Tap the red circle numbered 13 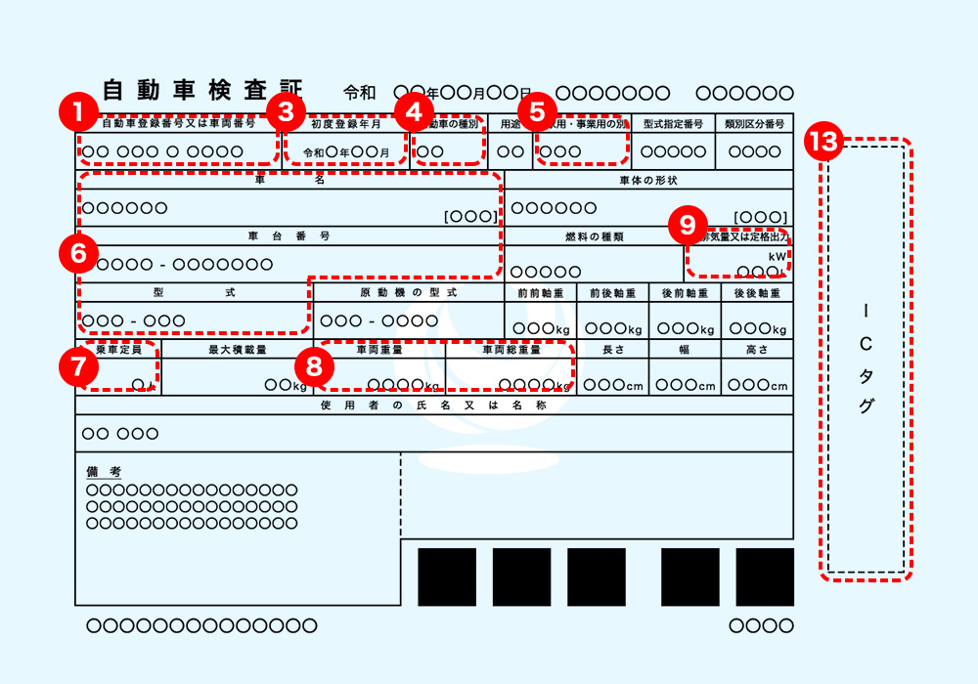coord(824,143)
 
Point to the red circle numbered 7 coord(78,365)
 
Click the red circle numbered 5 coord(536,110)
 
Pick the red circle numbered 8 coord(313,365)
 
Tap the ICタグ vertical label coord(866,358)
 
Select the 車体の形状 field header coord(648,180)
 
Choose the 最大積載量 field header coord(237,349)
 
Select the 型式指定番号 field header coord(674,124)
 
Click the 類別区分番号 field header coord(754,124)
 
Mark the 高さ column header coord(757,349)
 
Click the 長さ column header coord(612,349)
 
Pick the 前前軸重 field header coord(541,292)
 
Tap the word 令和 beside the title coord(360,94)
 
